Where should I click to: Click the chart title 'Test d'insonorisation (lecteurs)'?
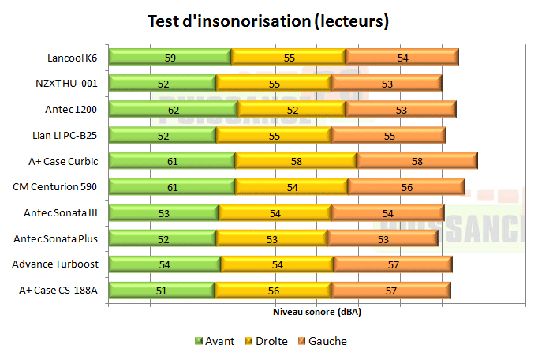point(268,21)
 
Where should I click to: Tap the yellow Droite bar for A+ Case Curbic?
point(296,161)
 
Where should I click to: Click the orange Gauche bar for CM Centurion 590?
point(405,187)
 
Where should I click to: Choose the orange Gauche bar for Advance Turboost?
point(392,264)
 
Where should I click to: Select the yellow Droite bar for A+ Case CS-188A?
point(272,291)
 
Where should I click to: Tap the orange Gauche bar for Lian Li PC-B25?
point(388,135)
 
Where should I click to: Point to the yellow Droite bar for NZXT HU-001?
point(274,83)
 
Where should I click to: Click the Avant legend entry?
point(214,341)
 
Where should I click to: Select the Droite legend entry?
point(265,341)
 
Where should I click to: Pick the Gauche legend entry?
point(321,341)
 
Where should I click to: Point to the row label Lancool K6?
point(72,57)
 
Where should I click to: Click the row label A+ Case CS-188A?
point(58,290)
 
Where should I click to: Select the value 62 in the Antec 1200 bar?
point(173,109)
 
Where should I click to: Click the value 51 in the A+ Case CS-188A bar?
point(161,291)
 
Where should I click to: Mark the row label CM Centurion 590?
point(55,186)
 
